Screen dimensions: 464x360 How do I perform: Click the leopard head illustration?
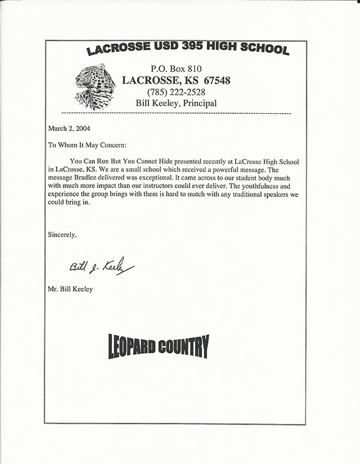pyautogui.click(x=95, y=86)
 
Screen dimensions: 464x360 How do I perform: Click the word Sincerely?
pyautogui.click(x=62, y=235)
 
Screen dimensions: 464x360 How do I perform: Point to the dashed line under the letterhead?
pyautogui.click(x=176, y=113)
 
